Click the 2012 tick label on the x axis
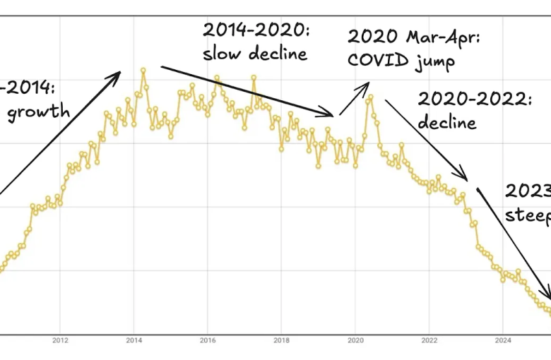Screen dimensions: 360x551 click(x=60, y=340)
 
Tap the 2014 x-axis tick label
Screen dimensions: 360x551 click(x=134, y=340)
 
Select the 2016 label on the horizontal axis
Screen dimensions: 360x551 click(x=207, y=340)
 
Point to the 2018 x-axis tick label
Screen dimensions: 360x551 click(x=281, y=340)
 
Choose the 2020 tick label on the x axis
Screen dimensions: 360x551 click(x=355, y=340)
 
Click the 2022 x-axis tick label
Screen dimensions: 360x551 click(x=429, y=340)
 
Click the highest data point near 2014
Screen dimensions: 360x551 click(x=143, y=70)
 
